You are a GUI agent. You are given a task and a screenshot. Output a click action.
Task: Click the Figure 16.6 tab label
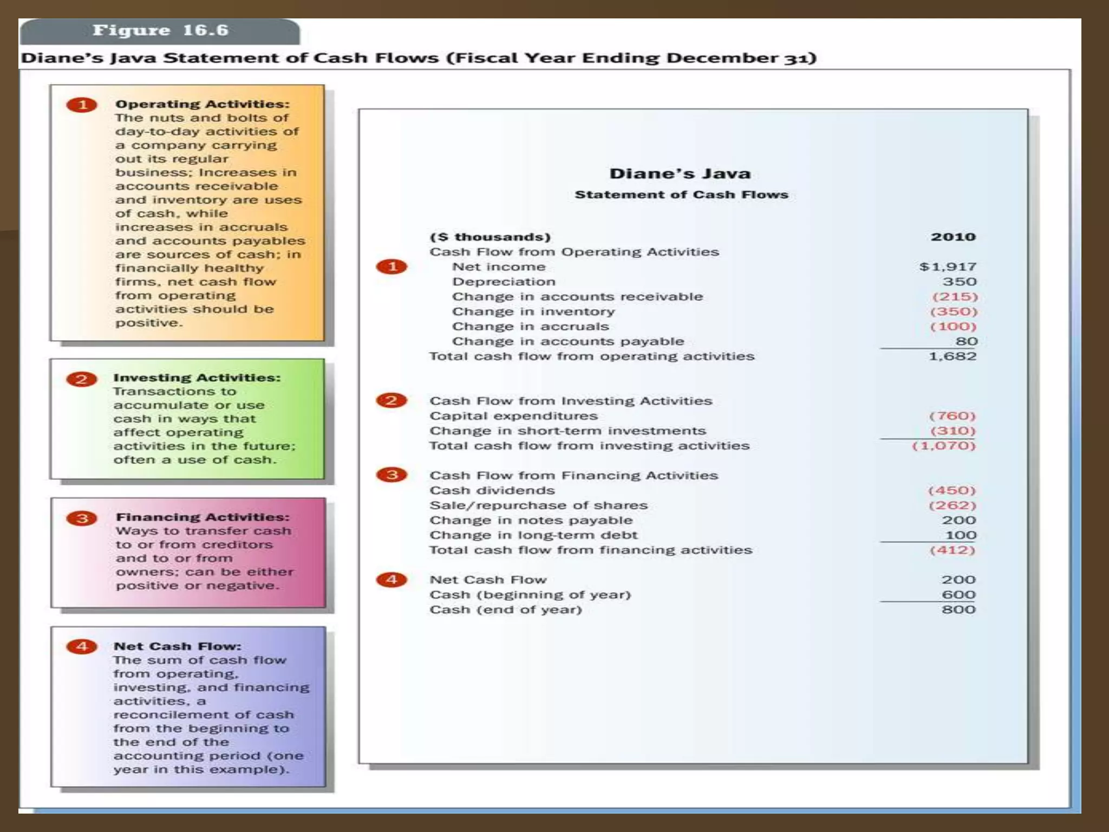point(160,30)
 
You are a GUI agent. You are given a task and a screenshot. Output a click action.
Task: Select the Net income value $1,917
point(948,267)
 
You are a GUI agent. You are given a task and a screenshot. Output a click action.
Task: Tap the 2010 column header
point(953,237)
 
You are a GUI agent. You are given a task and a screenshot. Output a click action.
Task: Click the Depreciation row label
point(504,282)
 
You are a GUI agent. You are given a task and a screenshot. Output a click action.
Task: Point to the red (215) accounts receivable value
point(955,297)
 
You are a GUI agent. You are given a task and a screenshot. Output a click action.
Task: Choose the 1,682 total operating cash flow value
point(953,356)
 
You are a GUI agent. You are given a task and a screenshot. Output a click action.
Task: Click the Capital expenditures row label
point(513,416)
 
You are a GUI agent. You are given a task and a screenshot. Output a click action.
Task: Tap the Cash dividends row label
point(492,490)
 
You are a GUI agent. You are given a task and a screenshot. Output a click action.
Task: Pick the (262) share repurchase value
point(953,505)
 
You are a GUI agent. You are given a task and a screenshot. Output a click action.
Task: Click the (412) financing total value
point(953,550)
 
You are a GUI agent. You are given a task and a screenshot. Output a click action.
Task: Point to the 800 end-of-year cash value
point(958,610)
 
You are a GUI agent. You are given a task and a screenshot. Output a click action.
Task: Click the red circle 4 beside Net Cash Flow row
point(392,580)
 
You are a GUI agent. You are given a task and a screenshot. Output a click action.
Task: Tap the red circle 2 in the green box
point(82,379)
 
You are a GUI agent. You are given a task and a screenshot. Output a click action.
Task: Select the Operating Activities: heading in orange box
point(203,104)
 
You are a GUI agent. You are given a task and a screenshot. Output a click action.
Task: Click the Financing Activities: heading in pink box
point(203,517)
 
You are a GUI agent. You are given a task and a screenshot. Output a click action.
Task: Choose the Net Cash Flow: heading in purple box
point(177,646)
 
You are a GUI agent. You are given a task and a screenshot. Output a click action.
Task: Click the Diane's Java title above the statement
point(680,174)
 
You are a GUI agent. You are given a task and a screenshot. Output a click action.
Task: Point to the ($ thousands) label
point(490,237)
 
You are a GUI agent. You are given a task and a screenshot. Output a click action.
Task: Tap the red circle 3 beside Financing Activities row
point(392,475)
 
